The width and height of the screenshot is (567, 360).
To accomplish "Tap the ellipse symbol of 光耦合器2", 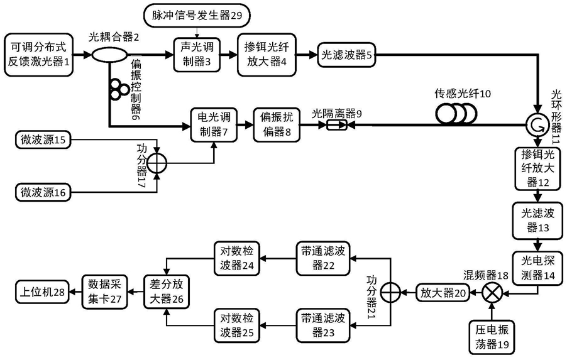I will click(108, 54).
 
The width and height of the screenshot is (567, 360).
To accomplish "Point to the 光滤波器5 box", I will click(345, 55).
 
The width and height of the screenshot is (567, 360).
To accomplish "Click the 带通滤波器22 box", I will click(322, 256).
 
